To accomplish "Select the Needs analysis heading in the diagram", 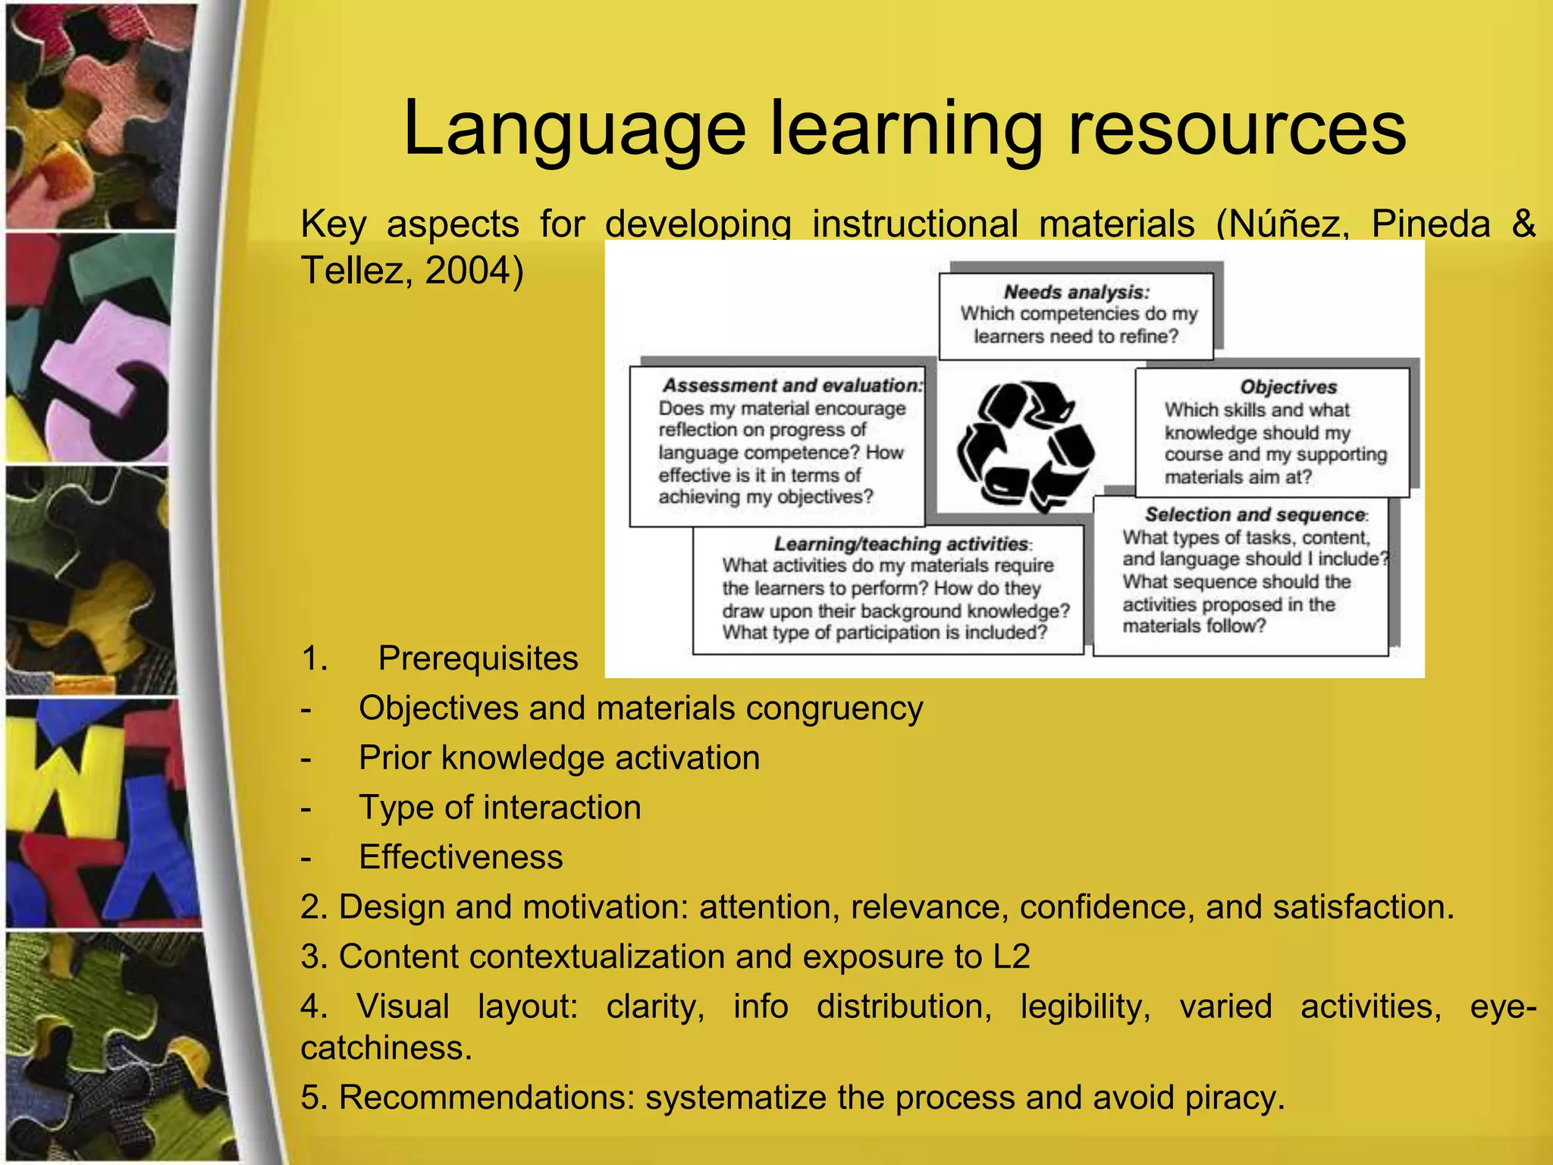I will pyautogui.click(x=1076, y=293).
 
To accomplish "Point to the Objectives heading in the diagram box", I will pyautogui.click(x=1288, y=387).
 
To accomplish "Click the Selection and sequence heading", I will pyautogui.click(x=1255, y=515).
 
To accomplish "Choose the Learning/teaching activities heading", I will pyautogui.click(x=901, y=544).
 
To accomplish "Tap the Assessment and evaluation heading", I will pyautogui.click(x=792, y=385).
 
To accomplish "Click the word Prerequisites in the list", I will pyautogui.click(x=478, y=658).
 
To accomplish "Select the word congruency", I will pyautogui.click(x=834, y=709).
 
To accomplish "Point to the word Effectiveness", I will pyautogui.click(x=461, y=858).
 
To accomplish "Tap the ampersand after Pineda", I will pyautogui.click(x=1523, y=225).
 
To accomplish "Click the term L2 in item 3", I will pyautogui.click(x=1011, y=957).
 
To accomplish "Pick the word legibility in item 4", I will pyautogui.click(x=1085, y=1007).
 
